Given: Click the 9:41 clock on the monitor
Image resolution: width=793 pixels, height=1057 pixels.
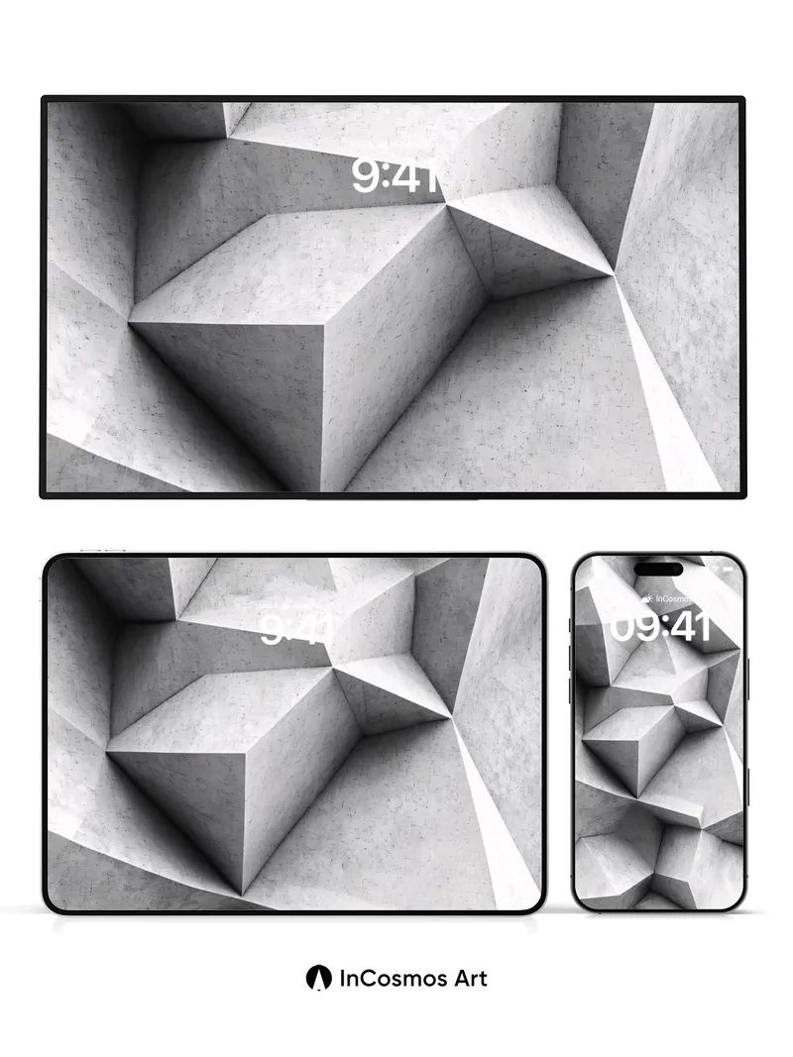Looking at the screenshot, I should [395, 176].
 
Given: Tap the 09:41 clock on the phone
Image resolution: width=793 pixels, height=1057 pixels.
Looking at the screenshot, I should [659, 627].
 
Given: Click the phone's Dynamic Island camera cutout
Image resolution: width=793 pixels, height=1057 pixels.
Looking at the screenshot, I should [659, 569].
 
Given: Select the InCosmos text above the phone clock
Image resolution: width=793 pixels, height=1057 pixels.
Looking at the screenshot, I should [671, 598].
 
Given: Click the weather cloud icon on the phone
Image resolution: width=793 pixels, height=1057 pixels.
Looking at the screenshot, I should [646, 598].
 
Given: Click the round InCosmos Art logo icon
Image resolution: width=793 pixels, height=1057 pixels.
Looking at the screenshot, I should [318, 979].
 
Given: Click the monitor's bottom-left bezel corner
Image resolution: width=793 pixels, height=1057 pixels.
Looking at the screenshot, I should [44, 494].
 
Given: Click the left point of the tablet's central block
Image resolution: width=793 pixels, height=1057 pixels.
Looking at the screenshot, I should [108, 750].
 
